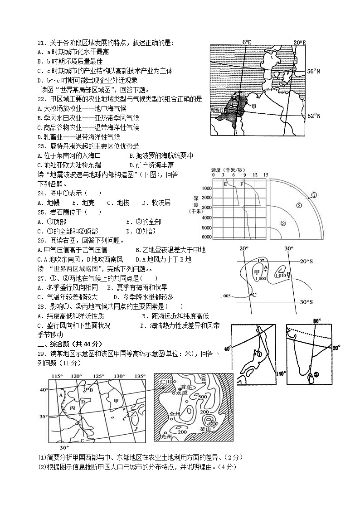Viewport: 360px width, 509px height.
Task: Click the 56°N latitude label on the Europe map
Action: (x=313, y=72)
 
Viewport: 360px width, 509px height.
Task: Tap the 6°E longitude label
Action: (x=247, y=42)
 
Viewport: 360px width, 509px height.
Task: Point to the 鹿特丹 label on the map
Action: (x=218, y=110)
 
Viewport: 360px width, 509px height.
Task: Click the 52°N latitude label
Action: (x=314, y=116)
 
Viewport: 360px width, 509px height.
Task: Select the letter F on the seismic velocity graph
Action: (x=242, y=184)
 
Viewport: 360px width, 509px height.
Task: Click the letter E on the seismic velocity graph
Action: (x=225, y=184)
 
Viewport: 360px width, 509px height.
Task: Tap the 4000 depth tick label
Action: (x=207, y=218)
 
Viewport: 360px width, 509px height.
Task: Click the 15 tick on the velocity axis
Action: (x=266, y=175)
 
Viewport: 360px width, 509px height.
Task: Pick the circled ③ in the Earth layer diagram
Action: (x=283, y=223)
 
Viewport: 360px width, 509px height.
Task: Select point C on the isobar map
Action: (x=254, y=295)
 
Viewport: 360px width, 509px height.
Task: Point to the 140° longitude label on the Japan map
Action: (x=281, y=373)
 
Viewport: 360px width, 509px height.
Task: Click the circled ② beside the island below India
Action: (x=316, y=374)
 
